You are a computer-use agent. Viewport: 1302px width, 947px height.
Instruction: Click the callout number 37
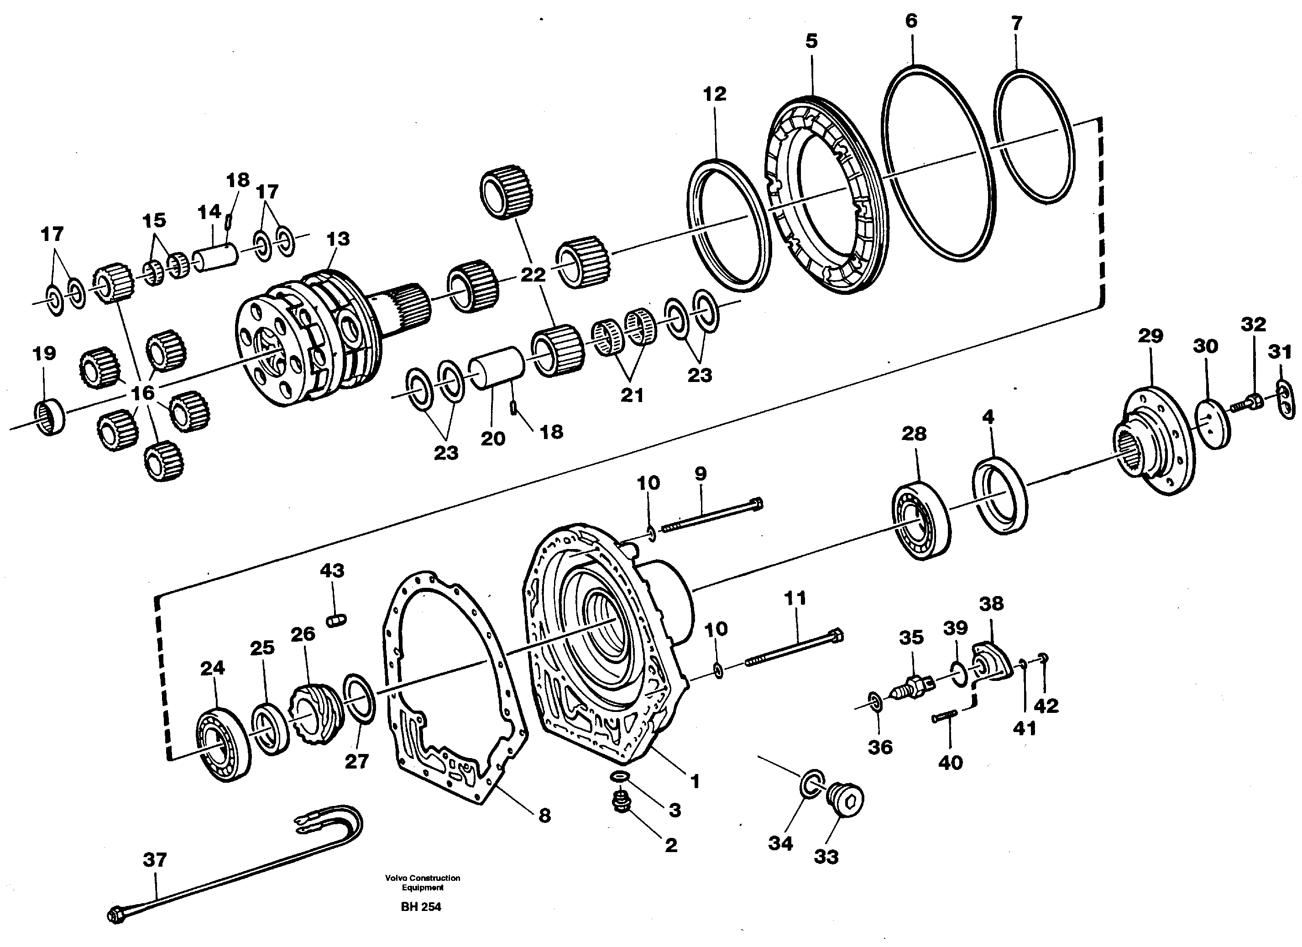(154, 860)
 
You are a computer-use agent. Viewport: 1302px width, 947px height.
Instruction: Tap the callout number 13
(338, 239)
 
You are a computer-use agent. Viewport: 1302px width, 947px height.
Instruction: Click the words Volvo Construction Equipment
(423, 883)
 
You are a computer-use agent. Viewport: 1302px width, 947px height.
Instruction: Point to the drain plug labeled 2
(621, 802)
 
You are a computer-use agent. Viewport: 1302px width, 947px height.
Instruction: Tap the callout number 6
(911, 21)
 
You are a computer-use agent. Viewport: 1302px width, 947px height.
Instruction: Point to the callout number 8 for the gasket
(544, 815)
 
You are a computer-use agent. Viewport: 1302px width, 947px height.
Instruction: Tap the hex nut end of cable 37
(116, 914)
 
